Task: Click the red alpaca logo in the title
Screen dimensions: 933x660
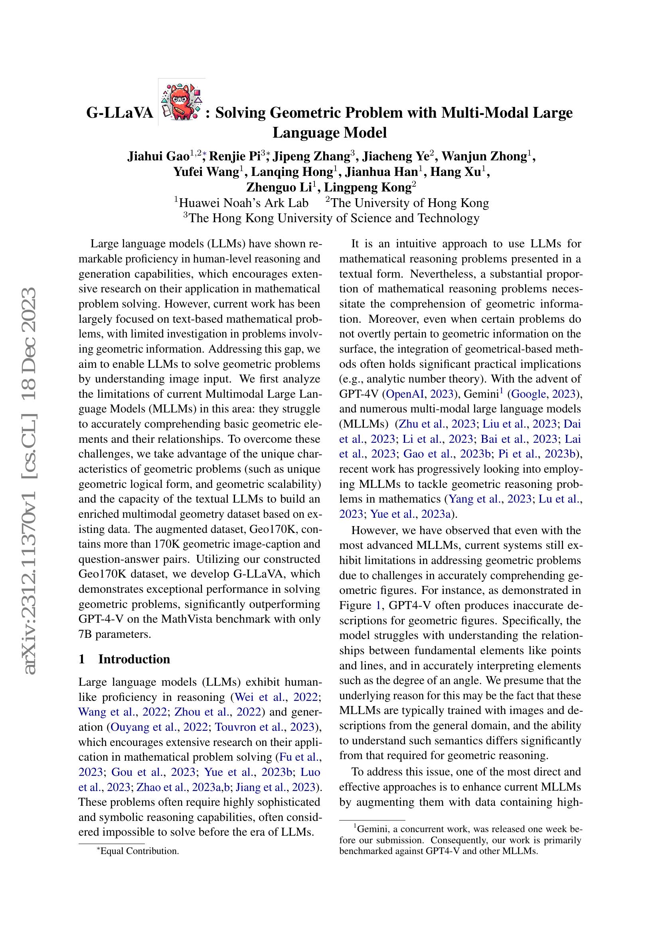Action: click(x=182, y=102)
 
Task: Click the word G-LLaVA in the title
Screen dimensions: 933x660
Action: click(x=120, y=113)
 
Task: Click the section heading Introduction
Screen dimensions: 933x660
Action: click(x=134, y=659)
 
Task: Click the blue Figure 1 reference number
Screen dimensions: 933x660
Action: click(x=378, y=606)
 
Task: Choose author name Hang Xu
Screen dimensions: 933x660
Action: click(x=456, y=172)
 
